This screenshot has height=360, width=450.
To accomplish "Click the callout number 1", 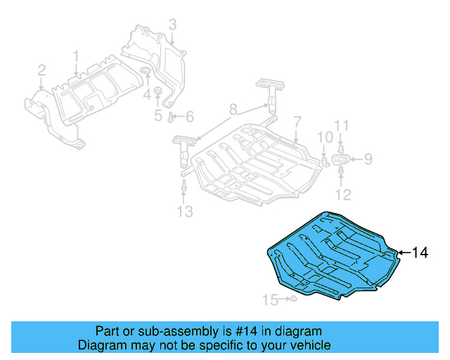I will click(x=77, y=56).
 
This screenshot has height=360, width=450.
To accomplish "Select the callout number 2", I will click(x=41, y=70).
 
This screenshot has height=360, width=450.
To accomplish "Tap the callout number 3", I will click(x=172, y=27).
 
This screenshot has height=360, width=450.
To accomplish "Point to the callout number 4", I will click(x=147, y=94).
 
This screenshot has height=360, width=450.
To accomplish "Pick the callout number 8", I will click(x=233, y=110).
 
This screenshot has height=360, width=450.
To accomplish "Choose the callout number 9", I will click(x=368, y=159).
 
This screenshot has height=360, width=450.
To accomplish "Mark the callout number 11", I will click(x=341, y=126).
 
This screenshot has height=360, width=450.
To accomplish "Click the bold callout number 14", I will click(x=419, y=252).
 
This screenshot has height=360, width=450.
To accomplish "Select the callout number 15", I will click(x=271, y=300).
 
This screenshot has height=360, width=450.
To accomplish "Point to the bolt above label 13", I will click(x=184, y=188).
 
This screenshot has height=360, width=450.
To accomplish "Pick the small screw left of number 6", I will click(x=172, y=115).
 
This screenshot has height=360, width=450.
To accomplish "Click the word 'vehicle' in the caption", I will click(x=307, y=345).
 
